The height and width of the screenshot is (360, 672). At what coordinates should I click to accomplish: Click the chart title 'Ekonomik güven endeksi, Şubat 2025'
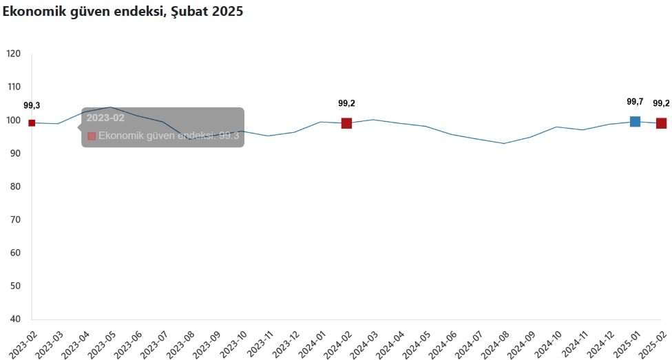coord(123,12)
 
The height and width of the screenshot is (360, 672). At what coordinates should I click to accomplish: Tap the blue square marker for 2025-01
coord(635,122)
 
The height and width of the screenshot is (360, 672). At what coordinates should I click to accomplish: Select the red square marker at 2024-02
coord(346,123)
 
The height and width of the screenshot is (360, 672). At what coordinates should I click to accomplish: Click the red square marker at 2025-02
coord(661,123)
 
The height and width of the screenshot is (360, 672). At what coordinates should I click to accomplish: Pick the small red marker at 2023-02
coord(32,123)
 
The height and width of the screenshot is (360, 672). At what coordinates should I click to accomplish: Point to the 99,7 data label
coord(635,102)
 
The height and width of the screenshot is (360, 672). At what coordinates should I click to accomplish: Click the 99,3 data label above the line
coord(32,105)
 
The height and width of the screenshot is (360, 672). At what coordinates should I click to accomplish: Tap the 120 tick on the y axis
coord(14,54)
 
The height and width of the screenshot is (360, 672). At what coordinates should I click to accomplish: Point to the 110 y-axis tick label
coord(14,87)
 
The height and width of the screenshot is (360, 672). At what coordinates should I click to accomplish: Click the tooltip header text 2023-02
coord(105,118)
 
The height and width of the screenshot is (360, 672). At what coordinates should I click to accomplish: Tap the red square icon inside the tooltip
coord(92,136)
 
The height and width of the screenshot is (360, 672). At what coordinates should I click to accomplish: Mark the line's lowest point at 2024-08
coord(504,143)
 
